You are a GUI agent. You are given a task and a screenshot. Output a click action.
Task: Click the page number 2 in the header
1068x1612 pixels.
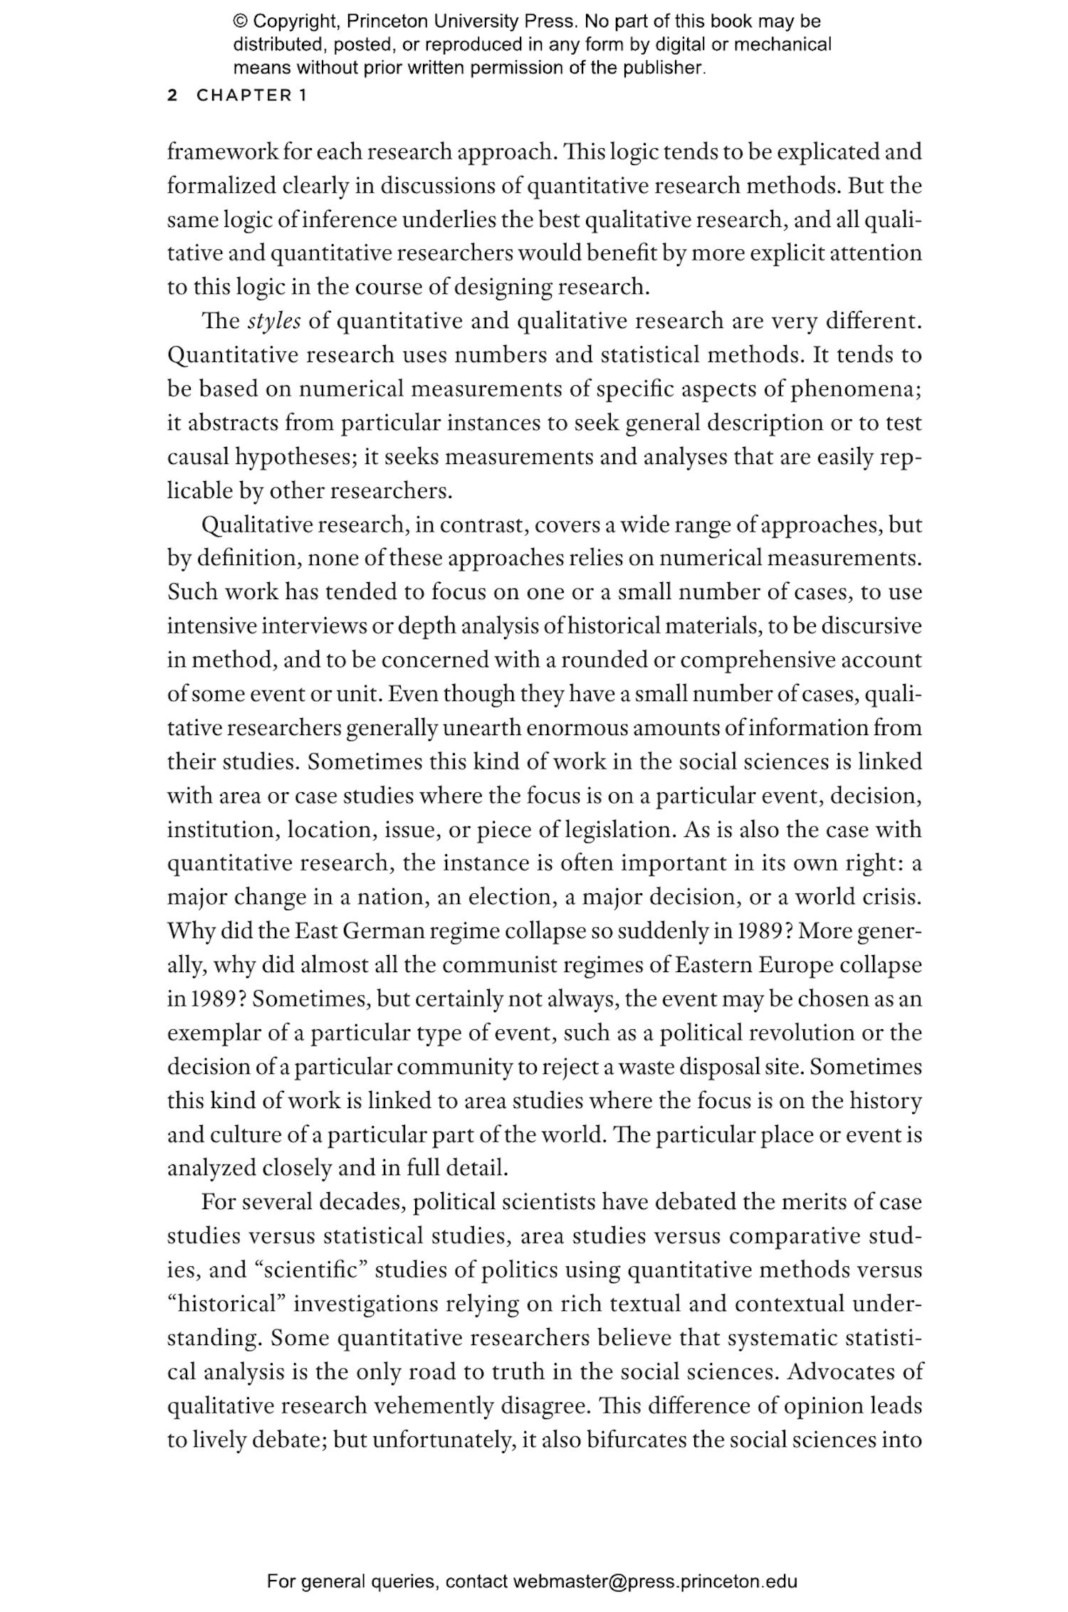coord(172,95)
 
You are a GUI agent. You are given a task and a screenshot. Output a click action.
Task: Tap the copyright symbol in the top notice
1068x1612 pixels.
coord(240,21)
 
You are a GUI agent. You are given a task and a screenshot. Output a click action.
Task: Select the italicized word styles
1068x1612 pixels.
coord(274,321)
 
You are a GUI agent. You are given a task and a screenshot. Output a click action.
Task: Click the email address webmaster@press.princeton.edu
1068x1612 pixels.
coord(654,1582)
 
